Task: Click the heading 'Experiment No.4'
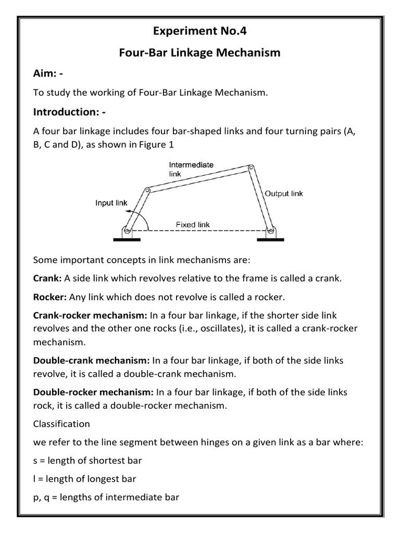[200, 32]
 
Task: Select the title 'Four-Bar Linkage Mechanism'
[200, 53]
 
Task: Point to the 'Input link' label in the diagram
[111, 203]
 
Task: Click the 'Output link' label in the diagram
[284, 193]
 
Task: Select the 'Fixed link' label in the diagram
[193, 225]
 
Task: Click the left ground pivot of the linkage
[127, 230]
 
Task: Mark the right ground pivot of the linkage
[270, 230]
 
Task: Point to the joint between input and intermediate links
[147, 191]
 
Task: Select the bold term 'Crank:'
[46, 278]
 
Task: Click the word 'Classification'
[61, 423]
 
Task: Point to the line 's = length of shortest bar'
[87, 460]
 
